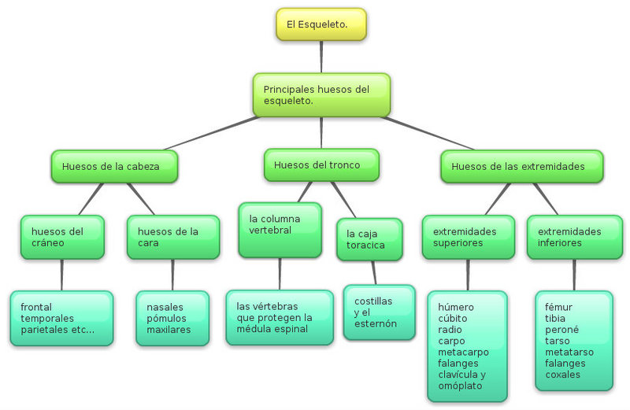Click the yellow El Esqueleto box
pyautogui.click(x=321, y=24)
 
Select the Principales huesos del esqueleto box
pyautogui.click(x=321, y=95)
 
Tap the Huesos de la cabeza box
pyautogui.click(x=114, y=166)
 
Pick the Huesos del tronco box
pyautogui.click(x=321, y=165)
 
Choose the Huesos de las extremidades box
pyautogui.click(x=522, y=166)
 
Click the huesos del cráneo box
pyautogui.click(x=62, y=238)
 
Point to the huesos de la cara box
pyautogui.click(x=173, y=238)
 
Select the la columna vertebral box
pyautogui.click(x=280, y=230)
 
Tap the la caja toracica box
pyautogui.click(x=369, y=240)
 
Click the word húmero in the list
pyautogui.click(x=456, y=307)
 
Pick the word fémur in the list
pyautogui.click(x=558, y=307)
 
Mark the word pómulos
pyautogui.click(x=166, y=319)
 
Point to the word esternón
pyautogui.click(x=376, y=323)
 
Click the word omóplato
pyautogui.click(x=460, y=386)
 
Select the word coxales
pyautogui.click(x=562, y=375)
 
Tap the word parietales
pyautogui.click(x=44, y=330)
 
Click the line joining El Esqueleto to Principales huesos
pyautogui.click(x=321, y=57)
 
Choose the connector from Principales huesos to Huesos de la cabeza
pyautogui.click(x=212, y=133)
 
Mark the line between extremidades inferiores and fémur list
pyautogui.click(x=574, y=275)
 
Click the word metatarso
pyautogui.click(x=569, y=353)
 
